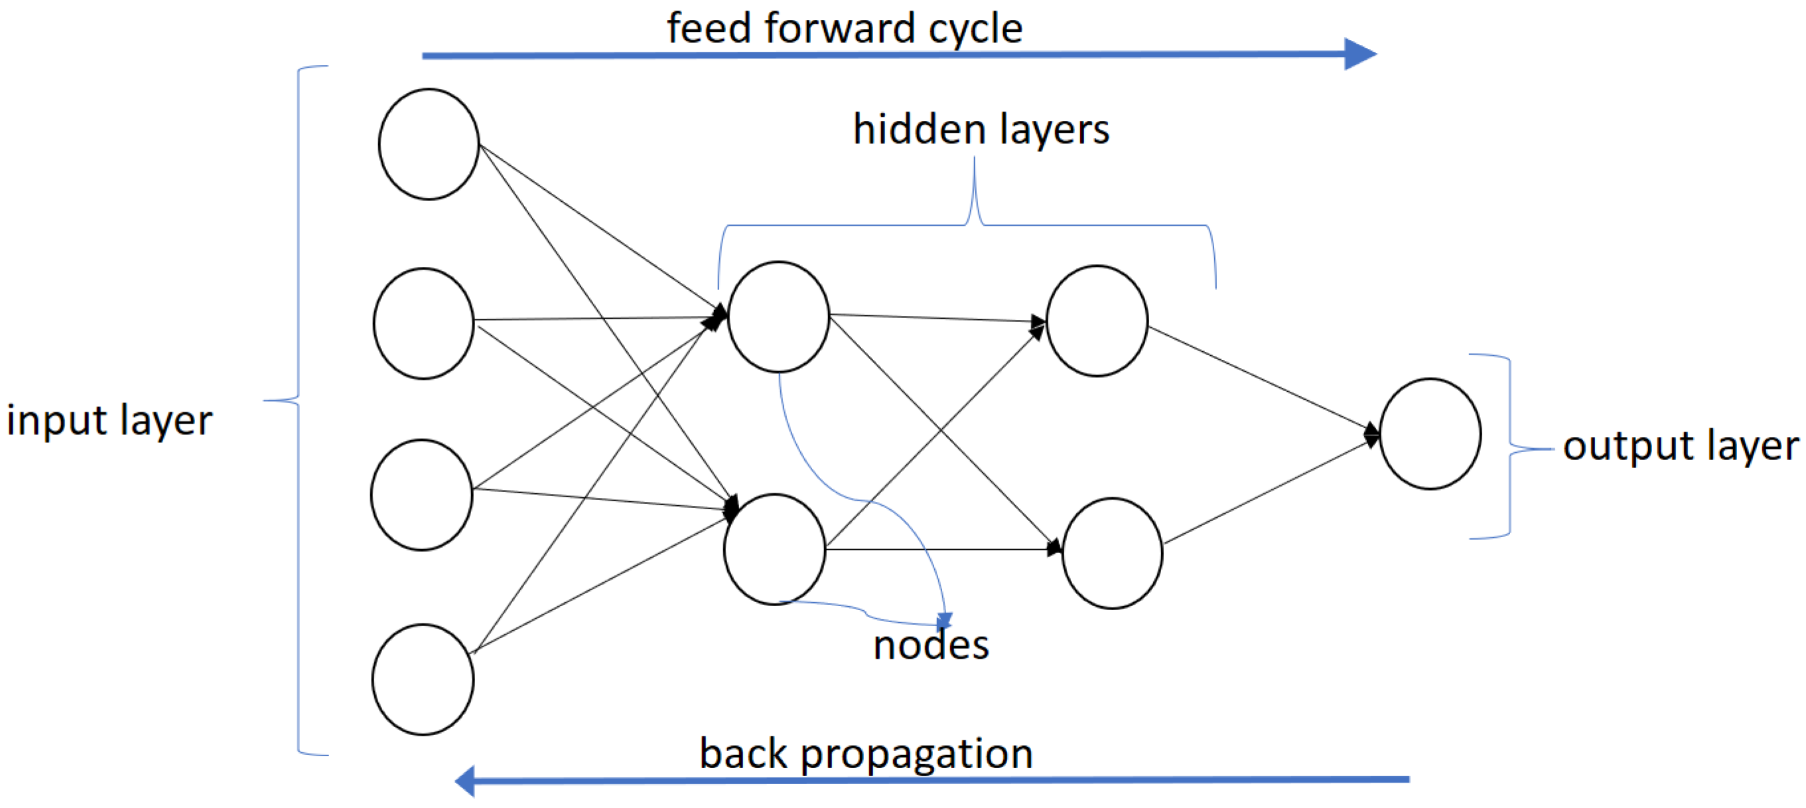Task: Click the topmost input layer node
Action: (429, 144)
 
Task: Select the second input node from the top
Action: (423, 323)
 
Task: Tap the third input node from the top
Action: (421, 495)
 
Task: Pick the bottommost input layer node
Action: (422, 679)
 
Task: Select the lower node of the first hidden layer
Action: (774, 548)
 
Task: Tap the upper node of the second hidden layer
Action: (1097, 321)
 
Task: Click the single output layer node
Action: (1430, 434)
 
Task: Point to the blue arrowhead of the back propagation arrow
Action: (466, 781)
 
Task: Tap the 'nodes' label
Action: (930, 645)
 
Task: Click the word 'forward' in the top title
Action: (840, 29)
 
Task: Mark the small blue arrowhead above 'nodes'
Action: (944, 620)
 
